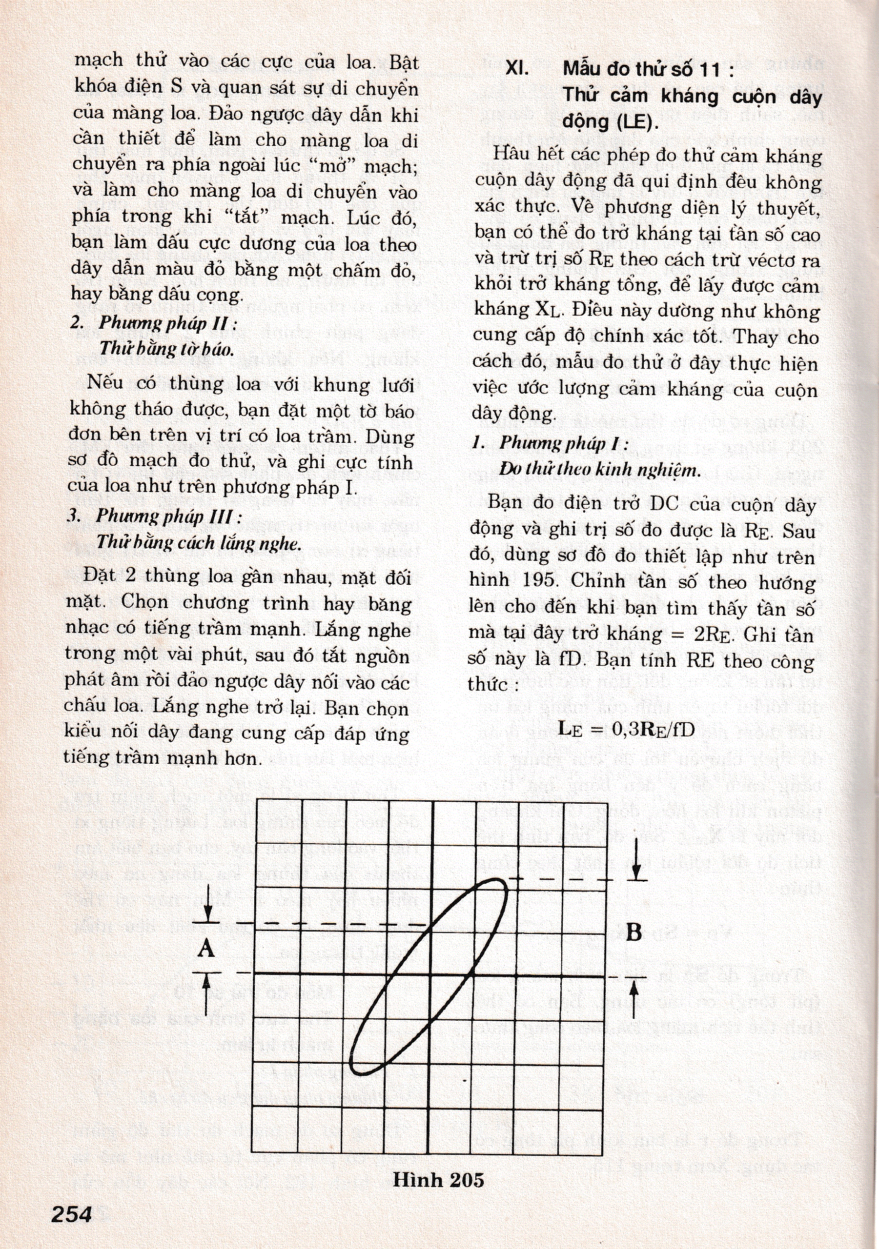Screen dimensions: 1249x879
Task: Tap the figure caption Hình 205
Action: click(438, 1179)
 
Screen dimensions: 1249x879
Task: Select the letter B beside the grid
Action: click(634, 932)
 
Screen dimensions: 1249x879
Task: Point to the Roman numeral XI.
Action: click(519, 69)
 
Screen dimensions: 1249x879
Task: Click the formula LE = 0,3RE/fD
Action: click(627, 729)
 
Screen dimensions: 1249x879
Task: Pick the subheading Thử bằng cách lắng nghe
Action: click(199, 542)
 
